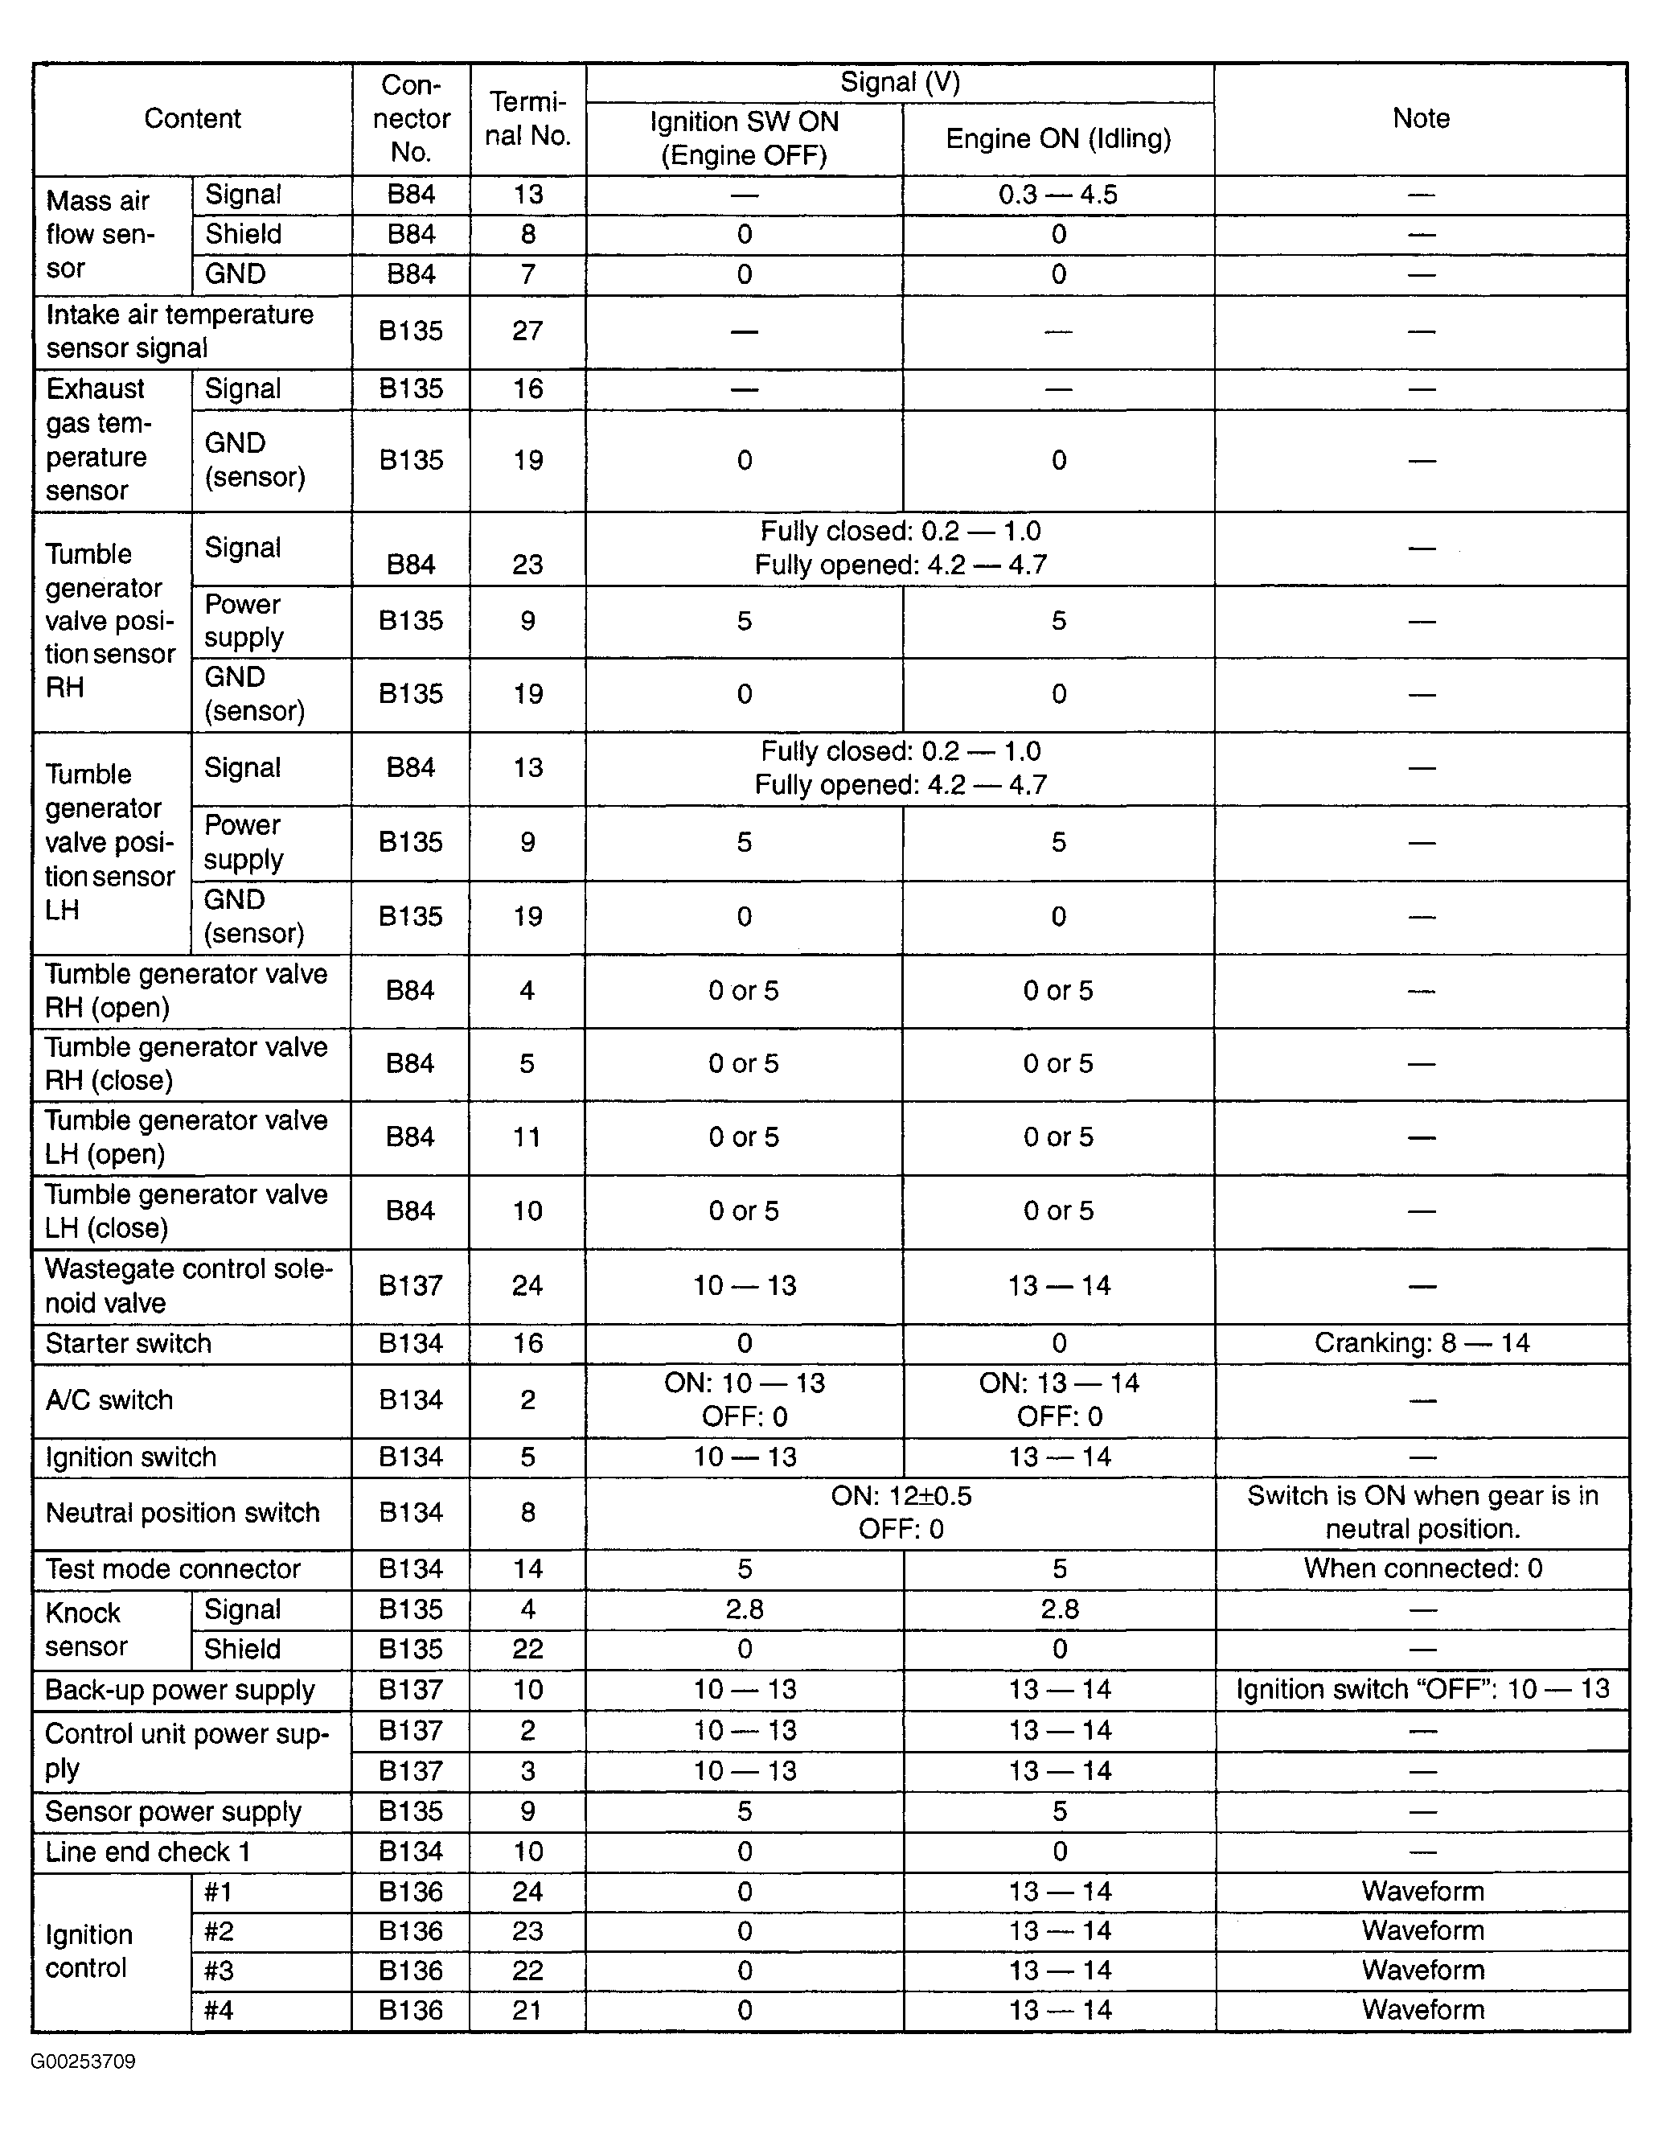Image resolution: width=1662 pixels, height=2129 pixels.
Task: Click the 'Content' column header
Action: tap(192, 119)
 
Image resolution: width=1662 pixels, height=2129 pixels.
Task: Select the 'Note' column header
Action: tap(1420, 119)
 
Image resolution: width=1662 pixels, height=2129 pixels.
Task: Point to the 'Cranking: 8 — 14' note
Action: tap(1422, 1343)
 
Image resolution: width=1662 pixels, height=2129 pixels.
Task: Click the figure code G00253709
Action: tap(83, 2061)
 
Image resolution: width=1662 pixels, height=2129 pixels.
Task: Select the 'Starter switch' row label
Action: tap(128, 1343)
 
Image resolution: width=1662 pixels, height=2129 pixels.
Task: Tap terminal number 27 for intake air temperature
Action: tap(527, 331)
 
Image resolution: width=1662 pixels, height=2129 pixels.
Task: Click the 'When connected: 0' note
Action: tap(1422, 1568)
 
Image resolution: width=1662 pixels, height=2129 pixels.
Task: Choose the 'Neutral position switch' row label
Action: tap(183, 1512)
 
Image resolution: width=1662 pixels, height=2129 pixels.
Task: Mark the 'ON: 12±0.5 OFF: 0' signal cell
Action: tap(901, 1512)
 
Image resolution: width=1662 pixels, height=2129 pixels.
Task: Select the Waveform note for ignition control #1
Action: tap(1422, 1891)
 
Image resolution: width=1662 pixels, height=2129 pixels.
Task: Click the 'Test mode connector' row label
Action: tap(173, 1568)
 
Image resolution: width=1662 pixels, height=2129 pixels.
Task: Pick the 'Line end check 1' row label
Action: tap(147, 1852)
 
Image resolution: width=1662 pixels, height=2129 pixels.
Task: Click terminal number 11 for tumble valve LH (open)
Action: tap(527, 1136)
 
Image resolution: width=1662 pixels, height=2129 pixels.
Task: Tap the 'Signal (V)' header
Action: tap(900, 83)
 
